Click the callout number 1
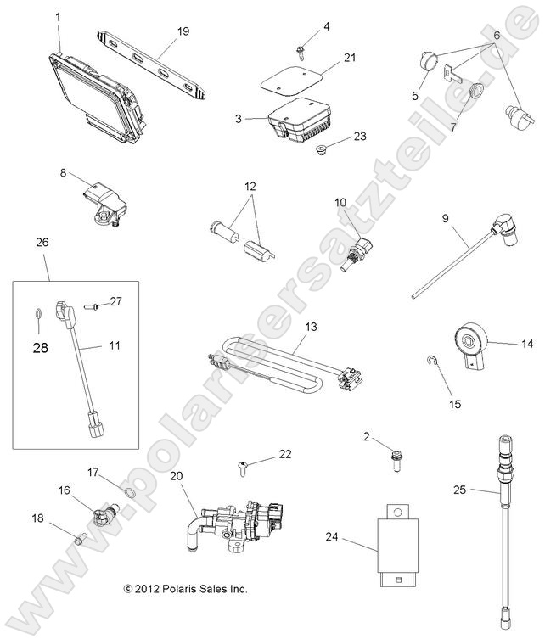click(x=58, y=16)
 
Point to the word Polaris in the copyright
click(x=183, y=588)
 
